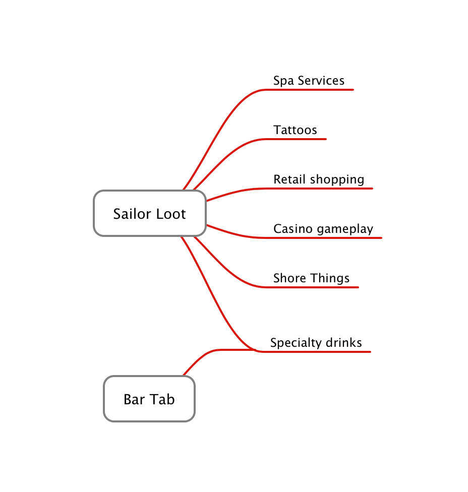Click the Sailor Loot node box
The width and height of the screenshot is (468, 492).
point(150,213)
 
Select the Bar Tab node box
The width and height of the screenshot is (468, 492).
point(149,399)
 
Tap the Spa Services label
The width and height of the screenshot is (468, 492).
point(309,81)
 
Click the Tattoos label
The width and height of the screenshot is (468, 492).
point(295,130)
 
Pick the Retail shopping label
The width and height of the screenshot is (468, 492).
point(319,179)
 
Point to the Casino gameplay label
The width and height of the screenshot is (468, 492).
point(323,229)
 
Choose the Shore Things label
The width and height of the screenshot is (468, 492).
point(311,278)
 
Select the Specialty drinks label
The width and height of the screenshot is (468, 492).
point(316,343)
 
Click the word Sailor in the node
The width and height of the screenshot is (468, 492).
point(129,214)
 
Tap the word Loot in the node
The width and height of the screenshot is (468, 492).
point(169,214)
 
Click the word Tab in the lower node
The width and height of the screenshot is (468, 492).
point(162,399)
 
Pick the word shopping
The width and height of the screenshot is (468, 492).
point(337,180)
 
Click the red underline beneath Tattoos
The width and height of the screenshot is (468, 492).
point(303,139)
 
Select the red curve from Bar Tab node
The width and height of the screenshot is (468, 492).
point(202,356)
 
